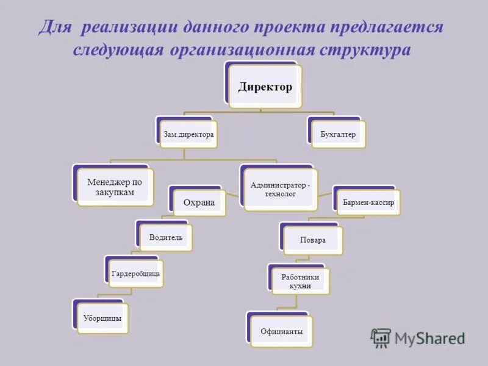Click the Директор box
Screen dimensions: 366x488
(265, 87)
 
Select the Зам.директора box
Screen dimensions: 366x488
(188, 133)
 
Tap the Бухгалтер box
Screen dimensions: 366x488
(338, 133)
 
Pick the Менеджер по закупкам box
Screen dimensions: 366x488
(115, 187)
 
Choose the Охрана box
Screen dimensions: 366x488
(199, 203)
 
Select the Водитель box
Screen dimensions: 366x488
(166, 237)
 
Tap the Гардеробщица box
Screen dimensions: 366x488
(135, 273)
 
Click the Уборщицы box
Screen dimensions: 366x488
(102, 318)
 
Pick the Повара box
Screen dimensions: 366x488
(313, 240)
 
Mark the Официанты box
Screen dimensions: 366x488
(281, 331)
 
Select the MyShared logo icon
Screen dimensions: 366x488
(381, 338)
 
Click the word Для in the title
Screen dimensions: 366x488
(55, 27)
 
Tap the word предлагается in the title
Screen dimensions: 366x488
(387, 27)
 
